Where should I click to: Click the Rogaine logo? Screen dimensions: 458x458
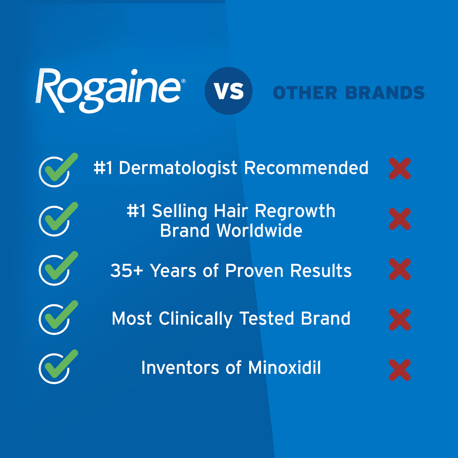tap(110, 90)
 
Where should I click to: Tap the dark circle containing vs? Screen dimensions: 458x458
tap(229, 90)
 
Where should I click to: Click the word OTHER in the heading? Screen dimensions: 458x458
tap(305, 93)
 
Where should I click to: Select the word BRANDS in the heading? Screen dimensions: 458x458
tap(385, 93)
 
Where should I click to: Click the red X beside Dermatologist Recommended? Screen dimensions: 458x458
tap(399, 169)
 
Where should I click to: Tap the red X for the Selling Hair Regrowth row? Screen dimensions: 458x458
tap(399, 219)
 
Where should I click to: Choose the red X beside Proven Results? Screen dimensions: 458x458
tap(399, 269)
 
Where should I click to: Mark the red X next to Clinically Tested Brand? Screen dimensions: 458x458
tap(399, 319)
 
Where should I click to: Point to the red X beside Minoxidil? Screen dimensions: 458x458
tap(399, 370)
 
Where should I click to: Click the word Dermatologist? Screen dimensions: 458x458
tap(178, 169)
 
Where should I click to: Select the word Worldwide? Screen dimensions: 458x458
tap(259, 231)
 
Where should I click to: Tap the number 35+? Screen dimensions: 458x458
tap(127, 271)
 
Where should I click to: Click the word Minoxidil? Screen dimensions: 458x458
tap(284, 368)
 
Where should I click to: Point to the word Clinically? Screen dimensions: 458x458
tap(195, 319)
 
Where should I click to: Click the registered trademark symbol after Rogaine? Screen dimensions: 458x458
tap(183, 81)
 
